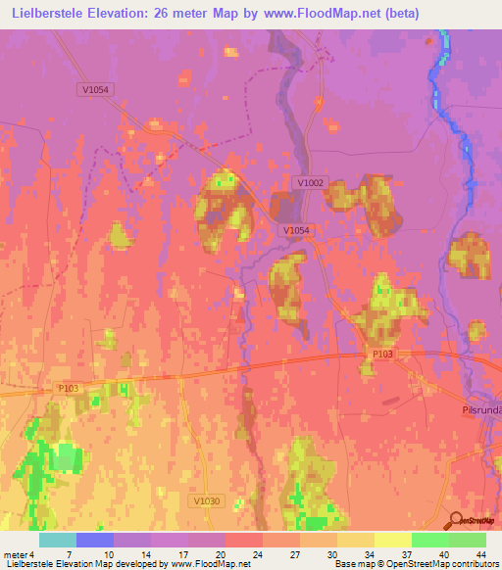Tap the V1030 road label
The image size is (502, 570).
(x=201, y=500)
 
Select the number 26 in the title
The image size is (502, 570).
(x=155, y=14)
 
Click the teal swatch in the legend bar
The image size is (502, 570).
(x=58, y=540)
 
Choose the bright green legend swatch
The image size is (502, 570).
(x=430, y=540)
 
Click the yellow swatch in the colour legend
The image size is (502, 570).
(x=393, y=540)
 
